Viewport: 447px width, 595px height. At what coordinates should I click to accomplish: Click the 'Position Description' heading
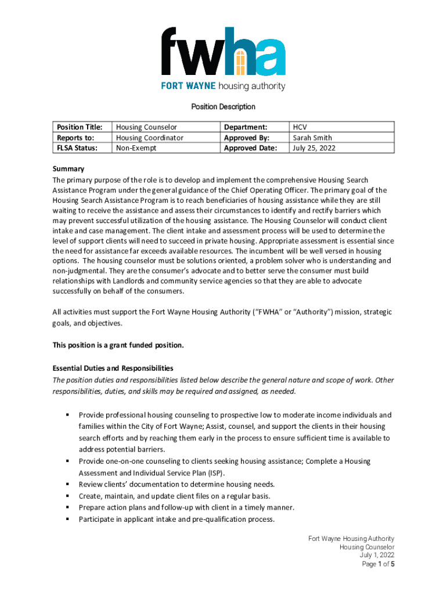(223, 107)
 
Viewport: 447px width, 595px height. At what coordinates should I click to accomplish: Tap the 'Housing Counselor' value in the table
(146, 127)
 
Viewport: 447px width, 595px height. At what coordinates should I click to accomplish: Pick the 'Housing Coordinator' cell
(150, 138)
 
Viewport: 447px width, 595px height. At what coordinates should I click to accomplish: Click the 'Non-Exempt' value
(136, 148)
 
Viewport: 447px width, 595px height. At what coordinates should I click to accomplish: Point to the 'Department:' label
(246, 127)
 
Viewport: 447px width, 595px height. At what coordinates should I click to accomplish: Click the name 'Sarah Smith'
(312, 138)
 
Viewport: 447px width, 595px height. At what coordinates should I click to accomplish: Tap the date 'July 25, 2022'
(314, 148)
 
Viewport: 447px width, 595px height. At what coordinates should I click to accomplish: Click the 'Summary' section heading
(69, 169)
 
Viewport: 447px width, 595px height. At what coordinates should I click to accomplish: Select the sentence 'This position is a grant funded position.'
(118, 345)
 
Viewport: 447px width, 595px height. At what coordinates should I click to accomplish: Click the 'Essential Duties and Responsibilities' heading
(113, 368)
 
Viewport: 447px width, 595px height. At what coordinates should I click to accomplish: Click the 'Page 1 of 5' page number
(378, 564)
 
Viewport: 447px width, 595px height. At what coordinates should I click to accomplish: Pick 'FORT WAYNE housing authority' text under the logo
(223, 87)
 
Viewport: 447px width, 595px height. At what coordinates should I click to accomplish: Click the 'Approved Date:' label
(251, 148)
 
